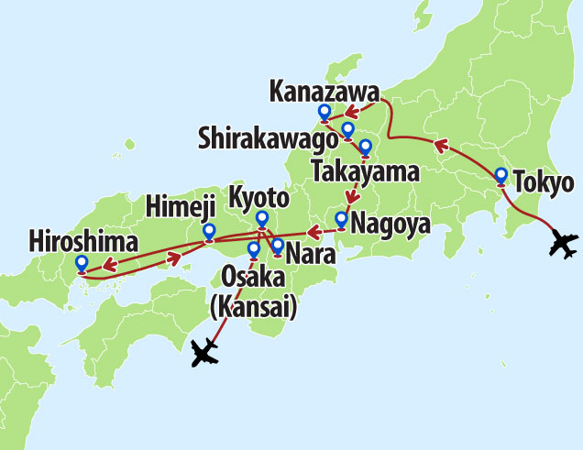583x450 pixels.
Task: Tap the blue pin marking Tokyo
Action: point(501,176)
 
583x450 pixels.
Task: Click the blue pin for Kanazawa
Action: point(324,113)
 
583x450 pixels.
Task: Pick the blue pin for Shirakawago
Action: point(347,129)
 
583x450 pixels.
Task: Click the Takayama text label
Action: point(365,170)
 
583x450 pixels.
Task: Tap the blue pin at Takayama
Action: point(365,147)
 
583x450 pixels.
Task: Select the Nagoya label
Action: point(390,222)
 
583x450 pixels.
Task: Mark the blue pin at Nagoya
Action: point(341,219)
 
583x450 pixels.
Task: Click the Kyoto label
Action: point(258,198)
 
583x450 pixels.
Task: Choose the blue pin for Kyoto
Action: point(262,218)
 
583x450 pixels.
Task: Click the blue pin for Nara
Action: point(277,246)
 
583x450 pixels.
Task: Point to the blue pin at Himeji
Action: point(209,231)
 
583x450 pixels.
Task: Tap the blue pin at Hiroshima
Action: point(82,264)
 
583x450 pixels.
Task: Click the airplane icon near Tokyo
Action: point(561,245)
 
